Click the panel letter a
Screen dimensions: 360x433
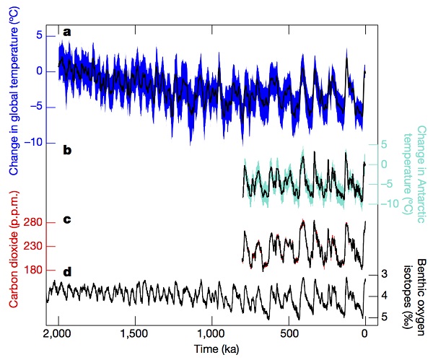(67, 31)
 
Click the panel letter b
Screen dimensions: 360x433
(67, 151)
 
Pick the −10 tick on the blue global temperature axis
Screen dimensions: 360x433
(34, 143)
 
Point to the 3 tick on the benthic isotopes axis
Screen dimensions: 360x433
(385, 274)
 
